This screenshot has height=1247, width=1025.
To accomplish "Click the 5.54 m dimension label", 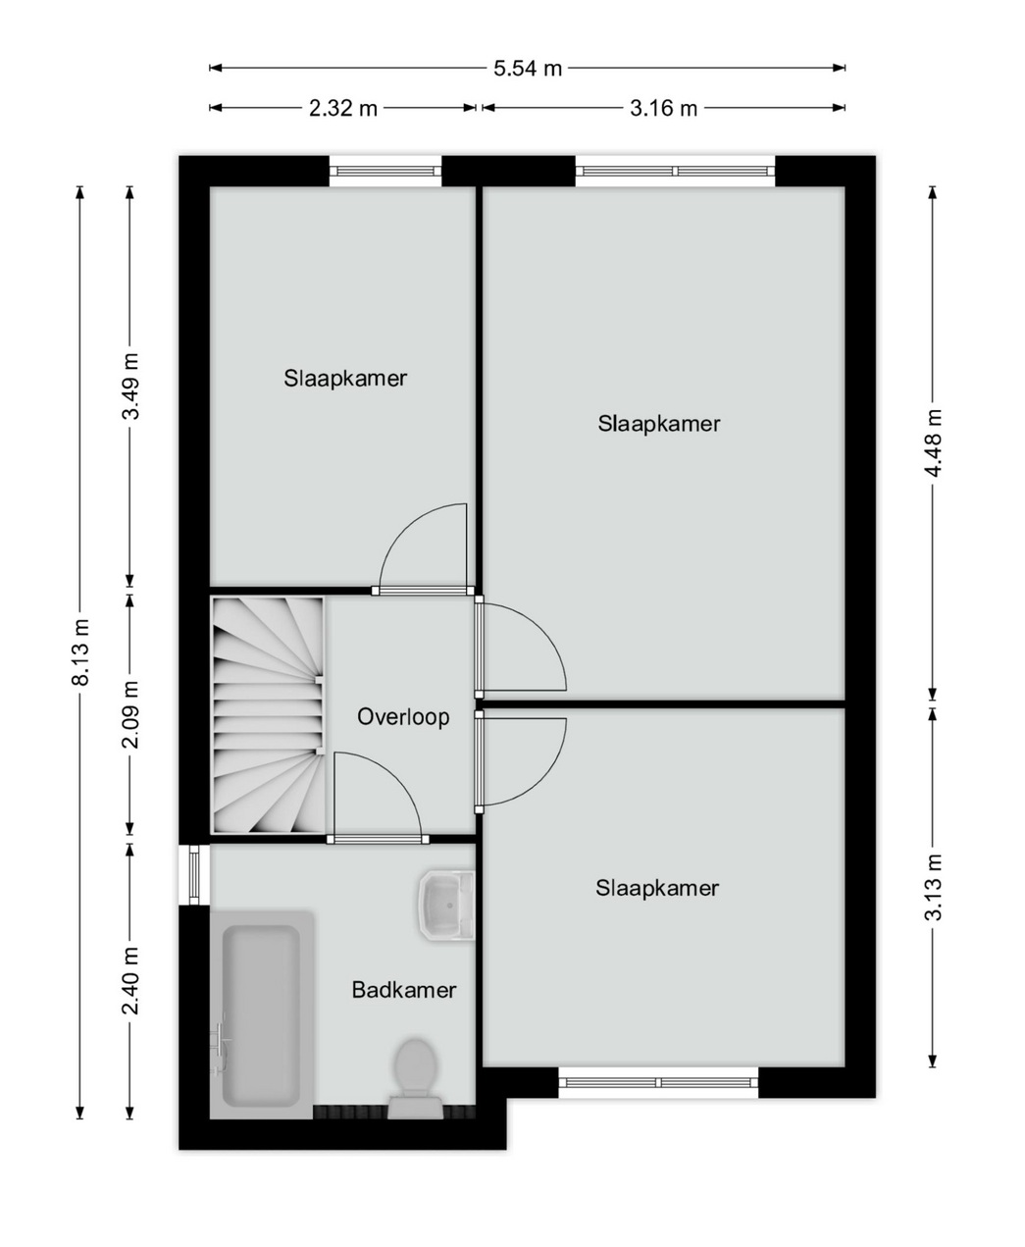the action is tap(528, 69).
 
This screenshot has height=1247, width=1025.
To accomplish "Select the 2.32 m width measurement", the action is tap(343, 108).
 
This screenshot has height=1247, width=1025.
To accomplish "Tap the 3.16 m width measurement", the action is tap(663, 108).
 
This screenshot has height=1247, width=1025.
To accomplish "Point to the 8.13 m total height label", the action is tap(80, 652).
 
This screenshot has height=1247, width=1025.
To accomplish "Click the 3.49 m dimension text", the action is tap(131, 387).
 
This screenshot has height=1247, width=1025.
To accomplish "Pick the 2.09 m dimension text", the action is tap(131, 715).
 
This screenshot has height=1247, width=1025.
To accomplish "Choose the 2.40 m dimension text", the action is tap(131, 980).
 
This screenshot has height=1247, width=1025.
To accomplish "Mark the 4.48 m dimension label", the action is tap(934, 442).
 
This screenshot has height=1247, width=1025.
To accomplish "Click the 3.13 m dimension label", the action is tap(934, 888).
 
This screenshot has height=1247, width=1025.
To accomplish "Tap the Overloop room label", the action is tap(403, 717).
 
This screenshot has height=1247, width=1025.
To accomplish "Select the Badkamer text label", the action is tap(404, 990).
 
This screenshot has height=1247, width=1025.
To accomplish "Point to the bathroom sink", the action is tap(447, 905).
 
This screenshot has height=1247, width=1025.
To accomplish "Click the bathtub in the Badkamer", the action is tap(261, 1015).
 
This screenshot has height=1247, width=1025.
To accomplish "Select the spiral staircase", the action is tap(268, 715).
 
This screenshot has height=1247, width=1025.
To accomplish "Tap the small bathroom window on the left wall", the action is tap(194, 874).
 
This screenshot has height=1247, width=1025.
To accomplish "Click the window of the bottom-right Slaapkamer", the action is tap(658, 1083).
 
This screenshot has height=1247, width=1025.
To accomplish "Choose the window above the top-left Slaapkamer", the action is tap(385, 172).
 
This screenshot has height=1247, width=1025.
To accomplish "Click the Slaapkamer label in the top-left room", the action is tap(345, 379).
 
